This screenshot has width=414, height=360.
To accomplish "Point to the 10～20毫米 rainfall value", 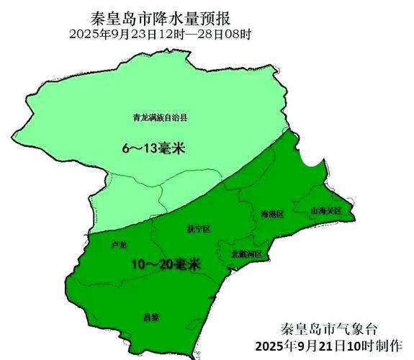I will [x=166, y=264].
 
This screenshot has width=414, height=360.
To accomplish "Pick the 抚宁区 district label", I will [x=198, y=229].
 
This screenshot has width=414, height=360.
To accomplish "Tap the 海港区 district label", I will [x=272, y=214].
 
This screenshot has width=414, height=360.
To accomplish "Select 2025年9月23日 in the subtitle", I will [x=117, y=33].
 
